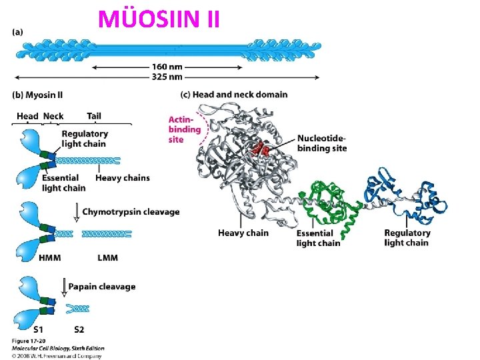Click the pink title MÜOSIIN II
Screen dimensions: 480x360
(x=159, y=19)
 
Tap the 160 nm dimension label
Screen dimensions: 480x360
(x=167, y=67)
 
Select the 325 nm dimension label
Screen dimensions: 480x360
(x=167, y=77)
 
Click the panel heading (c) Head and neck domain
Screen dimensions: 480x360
(x=234, y=95)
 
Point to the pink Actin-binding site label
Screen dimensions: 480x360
(x=185, y=129)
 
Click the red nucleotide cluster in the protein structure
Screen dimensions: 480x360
(x=261, y=149)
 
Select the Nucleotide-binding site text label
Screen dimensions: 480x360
(x=322, y=143)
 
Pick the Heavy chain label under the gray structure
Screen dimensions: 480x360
(x=243, y=233)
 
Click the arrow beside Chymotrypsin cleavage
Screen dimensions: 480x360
(x=77, y=212)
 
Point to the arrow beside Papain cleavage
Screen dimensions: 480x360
(x=64, y=287)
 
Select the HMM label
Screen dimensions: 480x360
(x=50, y=258)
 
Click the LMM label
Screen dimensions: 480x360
(x=108, y=258)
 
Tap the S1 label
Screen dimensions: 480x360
(x=38, y=330)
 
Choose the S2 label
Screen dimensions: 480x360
(x=79, y=330)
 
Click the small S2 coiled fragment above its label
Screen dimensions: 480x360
(x=78, y=309)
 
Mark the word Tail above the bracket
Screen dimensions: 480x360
(x=94, y=116)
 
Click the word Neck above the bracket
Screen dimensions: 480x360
(x=53, y=116)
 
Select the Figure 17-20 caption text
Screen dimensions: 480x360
(x=29, y=341)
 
